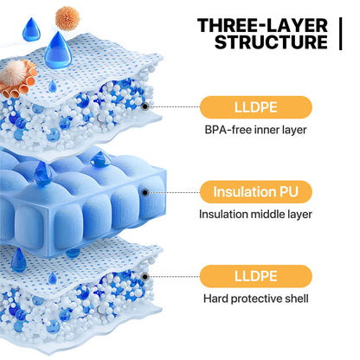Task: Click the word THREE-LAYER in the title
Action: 262,25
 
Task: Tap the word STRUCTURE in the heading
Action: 271,42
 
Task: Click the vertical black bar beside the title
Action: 341,34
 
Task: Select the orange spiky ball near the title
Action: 67,18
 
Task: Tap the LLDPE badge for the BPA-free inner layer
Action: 256,107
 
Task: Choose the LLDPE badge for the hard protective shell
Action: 256,276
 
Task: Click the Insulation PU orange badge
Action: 256,192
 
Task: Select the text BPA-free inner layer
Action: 255,130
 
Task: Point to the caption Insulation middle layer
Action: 255,215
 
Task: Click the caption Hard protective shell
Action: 256,299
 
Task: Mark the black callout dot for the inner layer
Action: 145,106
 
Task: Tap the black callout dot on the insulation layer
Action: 145,192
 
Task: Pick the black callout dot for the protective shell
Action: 145,277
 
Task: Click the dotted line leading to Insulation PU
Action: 174,192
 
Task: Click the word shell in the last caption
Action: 297,299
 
